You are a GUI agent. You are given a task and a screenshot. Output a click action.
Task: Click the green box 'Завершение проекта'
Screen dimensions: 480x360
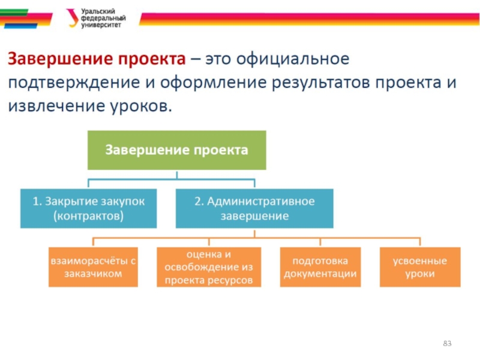[177, 149]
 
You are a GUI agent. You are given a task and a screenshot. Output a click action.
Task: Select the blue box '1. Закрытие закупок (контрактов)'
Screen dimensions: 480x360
[89, 208]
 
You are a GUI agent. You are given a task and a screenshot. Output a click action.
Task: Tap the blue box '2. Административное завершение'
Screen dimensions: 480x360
[254, 208]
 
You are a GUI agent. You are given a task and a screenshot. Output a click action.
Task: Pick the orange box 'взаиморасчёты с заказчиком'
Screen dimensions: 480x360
[94, 267]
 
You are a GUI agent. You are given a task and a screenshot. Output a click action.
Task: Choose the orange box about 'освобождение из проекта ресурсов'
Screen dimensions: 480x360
[209, 267]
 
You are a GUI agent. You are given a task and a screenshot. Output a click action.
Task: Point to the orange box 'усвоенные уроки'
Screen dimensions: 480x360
[420, 267]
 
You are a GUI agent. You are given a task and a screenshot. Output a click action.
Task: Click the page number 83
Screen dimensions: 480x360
[446, 343]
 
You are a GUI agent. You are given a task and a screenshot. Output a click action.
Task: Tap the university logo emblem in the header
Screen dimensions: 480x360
[73, 18]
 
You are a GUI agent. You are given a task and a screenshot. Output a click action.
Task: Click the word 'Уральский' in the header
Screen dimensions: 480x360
[98, 11]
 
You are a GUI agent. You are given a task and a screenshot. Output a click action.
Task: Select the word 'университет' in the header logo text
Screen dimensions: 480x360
[101, 26]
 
